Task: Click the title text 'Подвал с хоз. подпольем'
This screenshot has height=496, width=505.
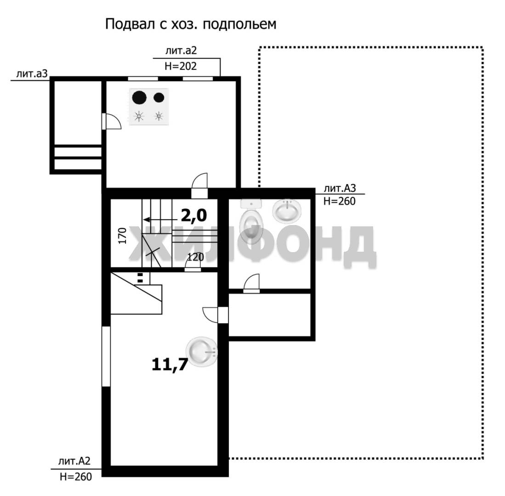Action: [x=191, y=24]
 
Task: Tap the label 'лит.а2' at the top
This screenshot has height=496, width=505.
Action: [x=181, y=51]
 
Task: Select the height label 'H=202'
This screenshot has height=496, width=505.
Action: [x=180, y=66]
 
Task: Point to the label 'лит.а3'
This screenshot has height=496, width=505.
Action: [x=32, y=73]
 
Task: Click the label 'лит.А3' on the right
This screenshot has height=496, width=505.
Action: [x=340, y=188]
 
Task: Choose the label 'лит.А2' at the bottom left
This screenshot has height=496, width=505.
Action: [x=74, y=461]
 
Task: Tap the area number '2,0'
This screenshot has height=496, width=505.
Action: [x=193, y=215]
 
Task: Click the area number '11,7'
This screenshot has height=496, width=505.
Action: [x=170, y=365]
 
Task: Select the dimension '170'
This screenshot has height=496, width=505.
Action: [x=122, y=236]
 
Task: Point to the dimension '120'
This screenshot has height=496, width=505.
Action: [x=195, y=257]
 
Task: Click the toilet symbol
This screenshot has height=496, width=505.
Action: [x=251, y=220]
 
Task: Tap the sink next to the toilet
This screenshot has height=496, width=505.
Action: [x=287, y=210]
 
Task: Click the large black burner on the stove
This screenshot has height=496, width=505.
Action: [x=139, y=97]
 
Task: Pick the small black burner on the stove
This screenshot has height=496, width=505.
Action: [x=159, y=97]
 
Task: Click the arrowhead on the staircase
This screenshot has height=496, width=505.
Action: [x=147, y=220]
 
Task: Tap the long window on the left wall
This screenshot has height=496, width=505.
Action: [x=106, y=356]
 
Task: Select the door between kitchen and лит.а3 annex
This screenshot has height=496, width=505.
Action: [x=112, y=121]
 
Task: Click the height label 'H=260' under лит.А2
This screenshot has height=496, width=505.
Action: [x=76, y=476]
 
